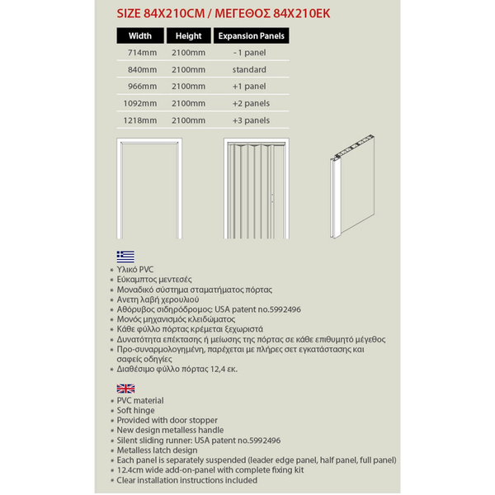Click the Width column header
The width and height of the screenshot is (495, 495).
(140, 36)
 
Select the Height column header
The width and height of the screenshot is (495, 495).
(188, 36)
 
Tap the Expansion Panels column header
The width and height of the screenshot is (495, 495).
(251, 36)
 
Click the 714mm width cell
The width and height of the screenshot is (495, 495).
(141, 52)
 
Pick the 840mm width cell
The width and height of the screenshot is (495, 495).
(141, 69)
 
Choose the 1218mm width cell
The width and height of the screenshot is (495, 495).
(139, 120)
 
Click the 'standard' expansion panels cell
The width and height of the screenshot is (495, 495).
(249, 69)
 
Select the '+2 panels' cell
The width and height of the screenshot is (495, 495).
(251, 103)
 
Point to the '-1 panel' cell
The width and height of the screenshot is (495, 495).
(249, 52)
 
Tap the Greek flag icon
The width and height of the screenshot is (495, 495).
(125, 256)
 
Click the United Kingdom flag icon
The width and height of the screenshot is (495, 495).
(125, 388)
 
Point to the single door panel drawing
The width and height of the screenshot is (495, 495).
(355, 181)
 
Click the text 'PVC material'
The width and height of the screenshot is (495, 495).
(140, 401)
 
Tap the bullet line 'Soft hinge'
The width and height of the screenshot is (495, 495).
(136, 411)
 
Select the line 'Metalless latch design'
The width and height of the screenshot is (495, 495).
(157, 450)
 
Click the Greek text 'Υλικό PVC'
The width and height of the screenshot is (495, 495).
(137, 270)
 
